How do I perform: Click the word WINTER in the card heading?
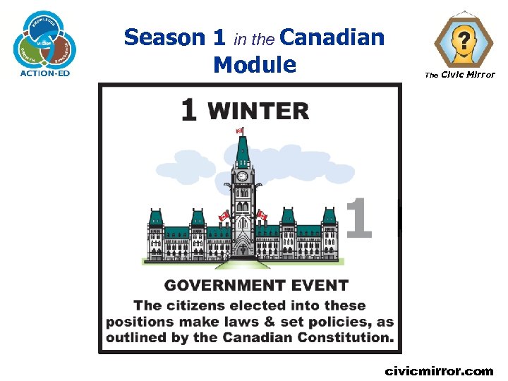pos(258,111)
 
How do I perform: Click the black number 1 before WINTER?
pos(188,111)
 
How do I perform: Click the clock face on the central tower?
pos(242,176)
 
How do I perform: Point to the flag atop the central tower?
pos(238,131)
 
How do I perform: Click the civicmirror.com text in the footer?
pos(439,371)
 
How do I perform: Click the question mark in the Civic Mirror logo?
pos(463,40)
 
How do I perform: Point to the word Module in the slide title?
pos(254,64)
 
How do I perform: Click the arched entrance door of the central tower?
pos(242,248)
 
